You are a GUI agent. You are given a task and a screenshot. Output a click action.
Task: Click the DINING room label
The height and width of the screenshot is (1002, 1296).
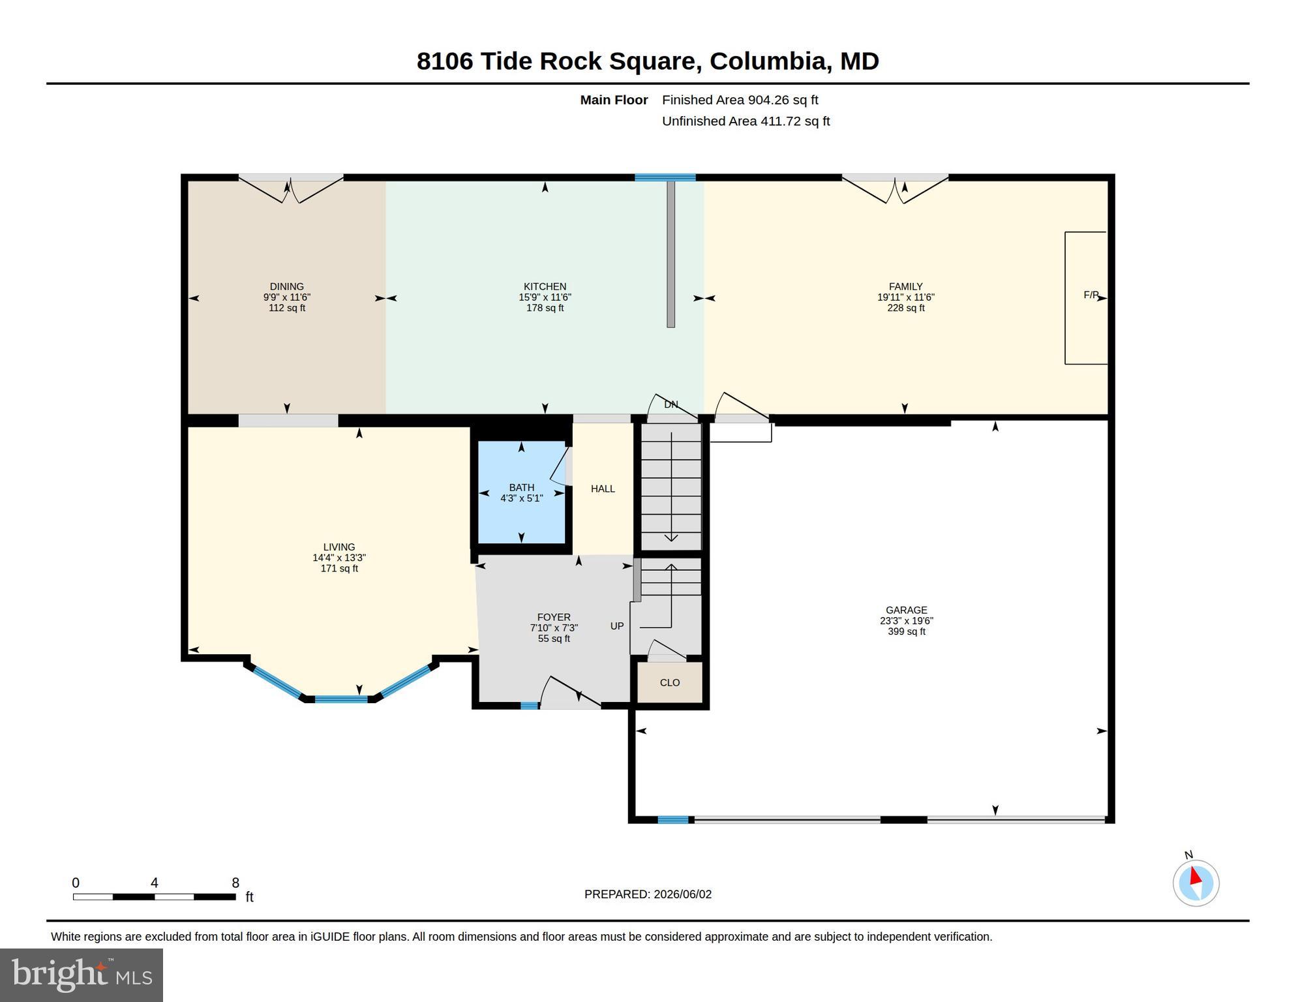(x=287, y=286)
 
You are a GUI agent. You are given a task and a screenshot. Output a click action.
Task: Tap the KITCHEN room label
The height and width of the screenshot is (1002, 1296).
(x=545, y=286)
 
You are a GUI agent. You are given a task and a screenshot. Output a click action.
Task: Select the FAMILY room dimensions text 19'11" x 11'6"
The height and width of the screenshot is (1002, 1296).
(x=905, y=297)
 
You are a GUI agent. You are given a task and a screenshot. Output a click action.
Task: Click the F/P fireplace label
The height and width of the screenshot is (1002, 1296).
(x=1091, y=295)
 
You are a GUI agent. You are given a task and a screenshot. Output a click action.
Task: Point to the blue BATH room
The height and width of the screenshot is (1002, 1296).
(x=521, y=492)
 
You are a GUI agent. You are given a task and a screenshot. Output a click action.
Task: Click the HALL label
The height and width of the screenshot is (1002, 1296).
(x=603, y=489)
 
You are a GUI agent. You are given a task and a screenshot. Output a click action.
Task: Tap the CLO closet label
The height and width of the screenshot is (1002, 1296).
(x=670, y=682)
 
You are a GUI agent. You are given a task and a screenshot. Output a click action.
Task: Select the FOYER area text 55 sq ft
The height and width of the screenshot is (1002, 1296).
(x=554, y=639)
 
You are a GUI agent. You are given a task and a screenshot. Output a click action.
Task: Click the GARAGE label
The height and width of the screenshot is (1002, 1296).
(x=906, y=610)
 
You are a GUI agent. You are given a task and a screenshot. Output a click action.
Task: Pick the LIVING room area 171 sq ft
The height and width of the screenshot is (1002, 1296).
(x=339, y=568)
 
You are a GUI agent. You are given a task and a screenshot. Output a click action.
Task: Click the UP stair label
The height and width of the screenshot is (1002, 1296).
(x=617, y=626)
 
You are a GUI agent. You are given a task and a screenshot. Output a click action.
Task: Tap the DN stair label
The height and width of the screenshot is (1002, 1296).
(x=671, y=404)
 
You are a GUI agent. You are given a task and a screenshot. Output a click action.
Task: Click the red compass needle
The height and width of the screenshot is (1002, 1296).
(x=1196, y=875)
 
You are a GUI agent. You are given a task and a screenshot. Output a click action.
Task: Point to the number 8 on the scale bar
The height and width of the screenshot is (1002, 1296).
(x=235, y=883)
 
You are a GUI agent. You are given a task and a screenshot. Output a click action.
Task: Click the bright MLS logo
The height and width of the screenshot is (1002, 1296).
(x=82, y=975)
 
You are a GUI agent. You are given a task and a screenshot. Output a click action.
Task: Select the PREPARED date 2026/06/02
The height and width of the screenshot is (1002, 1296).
(x=682, y=894)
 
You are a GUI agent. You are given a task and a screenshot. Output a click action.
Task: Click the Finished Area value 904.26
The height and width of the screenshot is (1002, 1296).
(x=768, y=100)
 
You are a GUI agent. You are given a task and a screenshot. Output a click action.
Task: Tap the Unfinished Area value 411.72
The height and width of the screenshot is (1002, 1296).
(x=780, y=121)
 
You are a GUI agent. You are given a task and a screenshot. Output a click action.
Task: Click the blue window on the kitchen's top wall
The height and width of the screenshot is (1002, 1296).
(x=665, y=177)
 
